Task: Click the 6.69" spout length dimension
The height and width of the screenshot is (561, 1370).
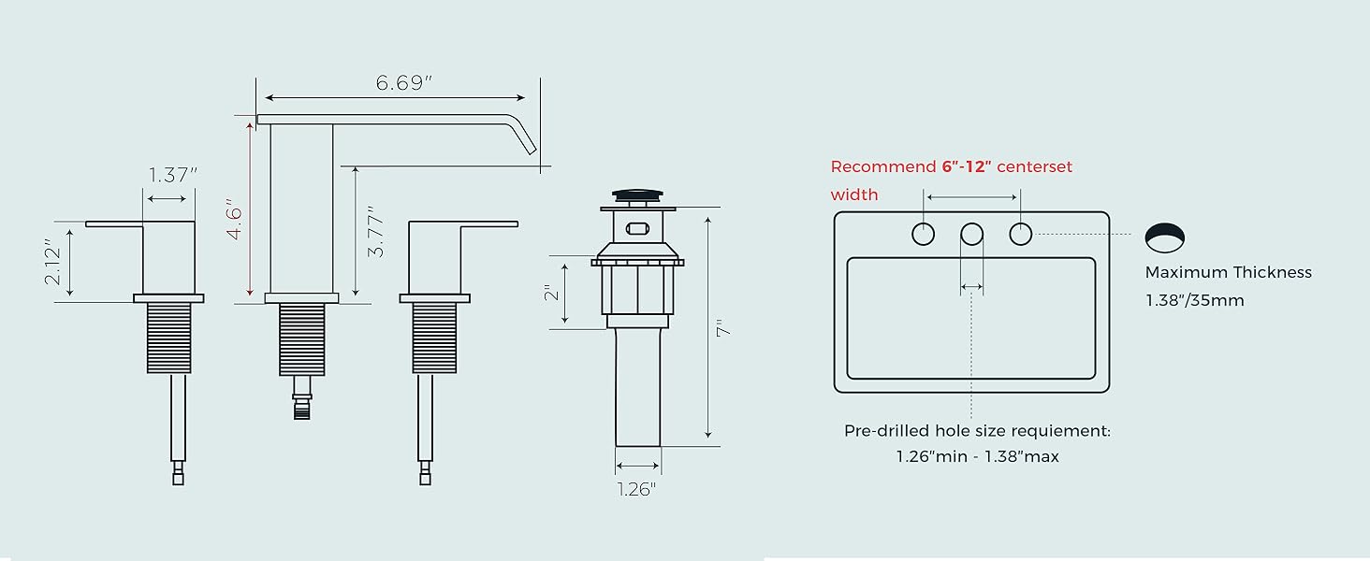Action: point(404,82)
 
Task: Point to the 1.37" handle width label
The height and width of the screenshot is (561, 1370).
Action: point(173,174)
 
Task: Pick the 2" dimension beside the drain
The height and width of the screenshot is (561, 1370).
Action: point(552,293)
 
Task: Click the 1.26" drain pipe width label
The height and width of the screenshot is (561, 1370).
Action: point(637,489)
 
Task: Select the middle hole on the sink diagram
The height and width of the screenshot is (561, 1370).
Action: point(971,234)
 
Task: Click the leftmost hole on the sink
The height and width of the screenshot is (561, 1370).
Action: point(924,234)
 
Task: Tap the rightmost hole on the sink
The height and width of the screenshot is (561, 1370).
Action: point(1020,234)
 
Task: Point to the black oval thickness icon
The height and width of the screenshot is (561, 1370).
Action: point(1164,237)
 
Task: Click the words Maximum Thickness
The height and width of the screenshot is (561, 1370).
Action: point(1229,273)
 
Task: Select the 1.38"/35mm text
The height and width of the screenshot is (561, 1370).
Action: point(1195,301)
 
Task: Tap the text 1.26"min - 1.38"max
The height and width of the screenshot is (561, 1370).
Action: point(978,457)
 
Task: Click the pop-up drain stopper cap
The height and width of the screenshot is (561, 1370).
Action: point(637,195)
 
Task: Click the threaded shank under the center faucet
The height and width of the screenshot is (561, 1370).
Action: point(301,338)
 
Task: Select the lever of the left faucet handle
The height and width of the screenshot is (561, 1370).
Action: point(113,223)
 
